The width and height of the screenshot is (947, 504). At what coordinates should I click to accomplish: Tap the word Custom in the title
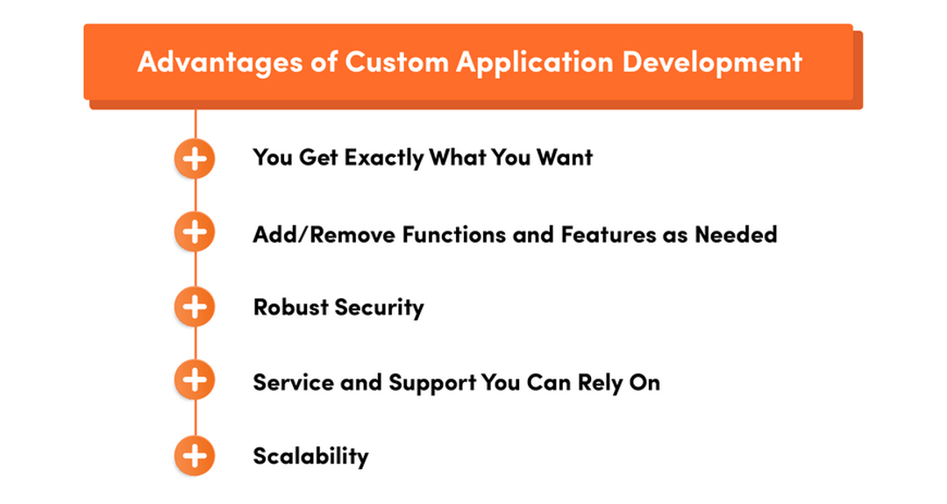tap(377, 63)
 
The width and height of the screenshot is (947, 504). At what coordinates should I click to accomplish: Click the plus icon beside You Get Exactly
tap(195, 159)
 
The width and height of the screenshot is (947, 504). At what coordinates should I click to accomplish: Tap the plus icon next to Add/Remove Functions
tap(195, 232)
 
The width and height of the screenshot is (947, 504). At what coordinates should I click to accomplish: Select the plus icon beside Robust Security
tap(195, 307)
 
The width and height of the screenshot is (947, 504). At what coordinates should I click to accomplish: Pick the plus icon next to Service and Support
tap(195, 381)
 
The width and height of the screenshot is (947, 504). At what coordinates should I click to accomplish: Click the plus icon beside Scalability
tap(195, 456)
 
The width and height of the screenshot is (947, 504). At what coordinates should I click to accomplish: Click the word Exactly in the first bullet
tap(384, 158)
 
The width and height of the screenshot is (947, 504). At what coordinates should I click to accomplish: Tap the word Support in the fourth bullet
tap(433, 383)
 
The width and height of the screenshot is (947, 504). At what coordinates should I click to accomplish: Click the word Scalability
tap(310, 457)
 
